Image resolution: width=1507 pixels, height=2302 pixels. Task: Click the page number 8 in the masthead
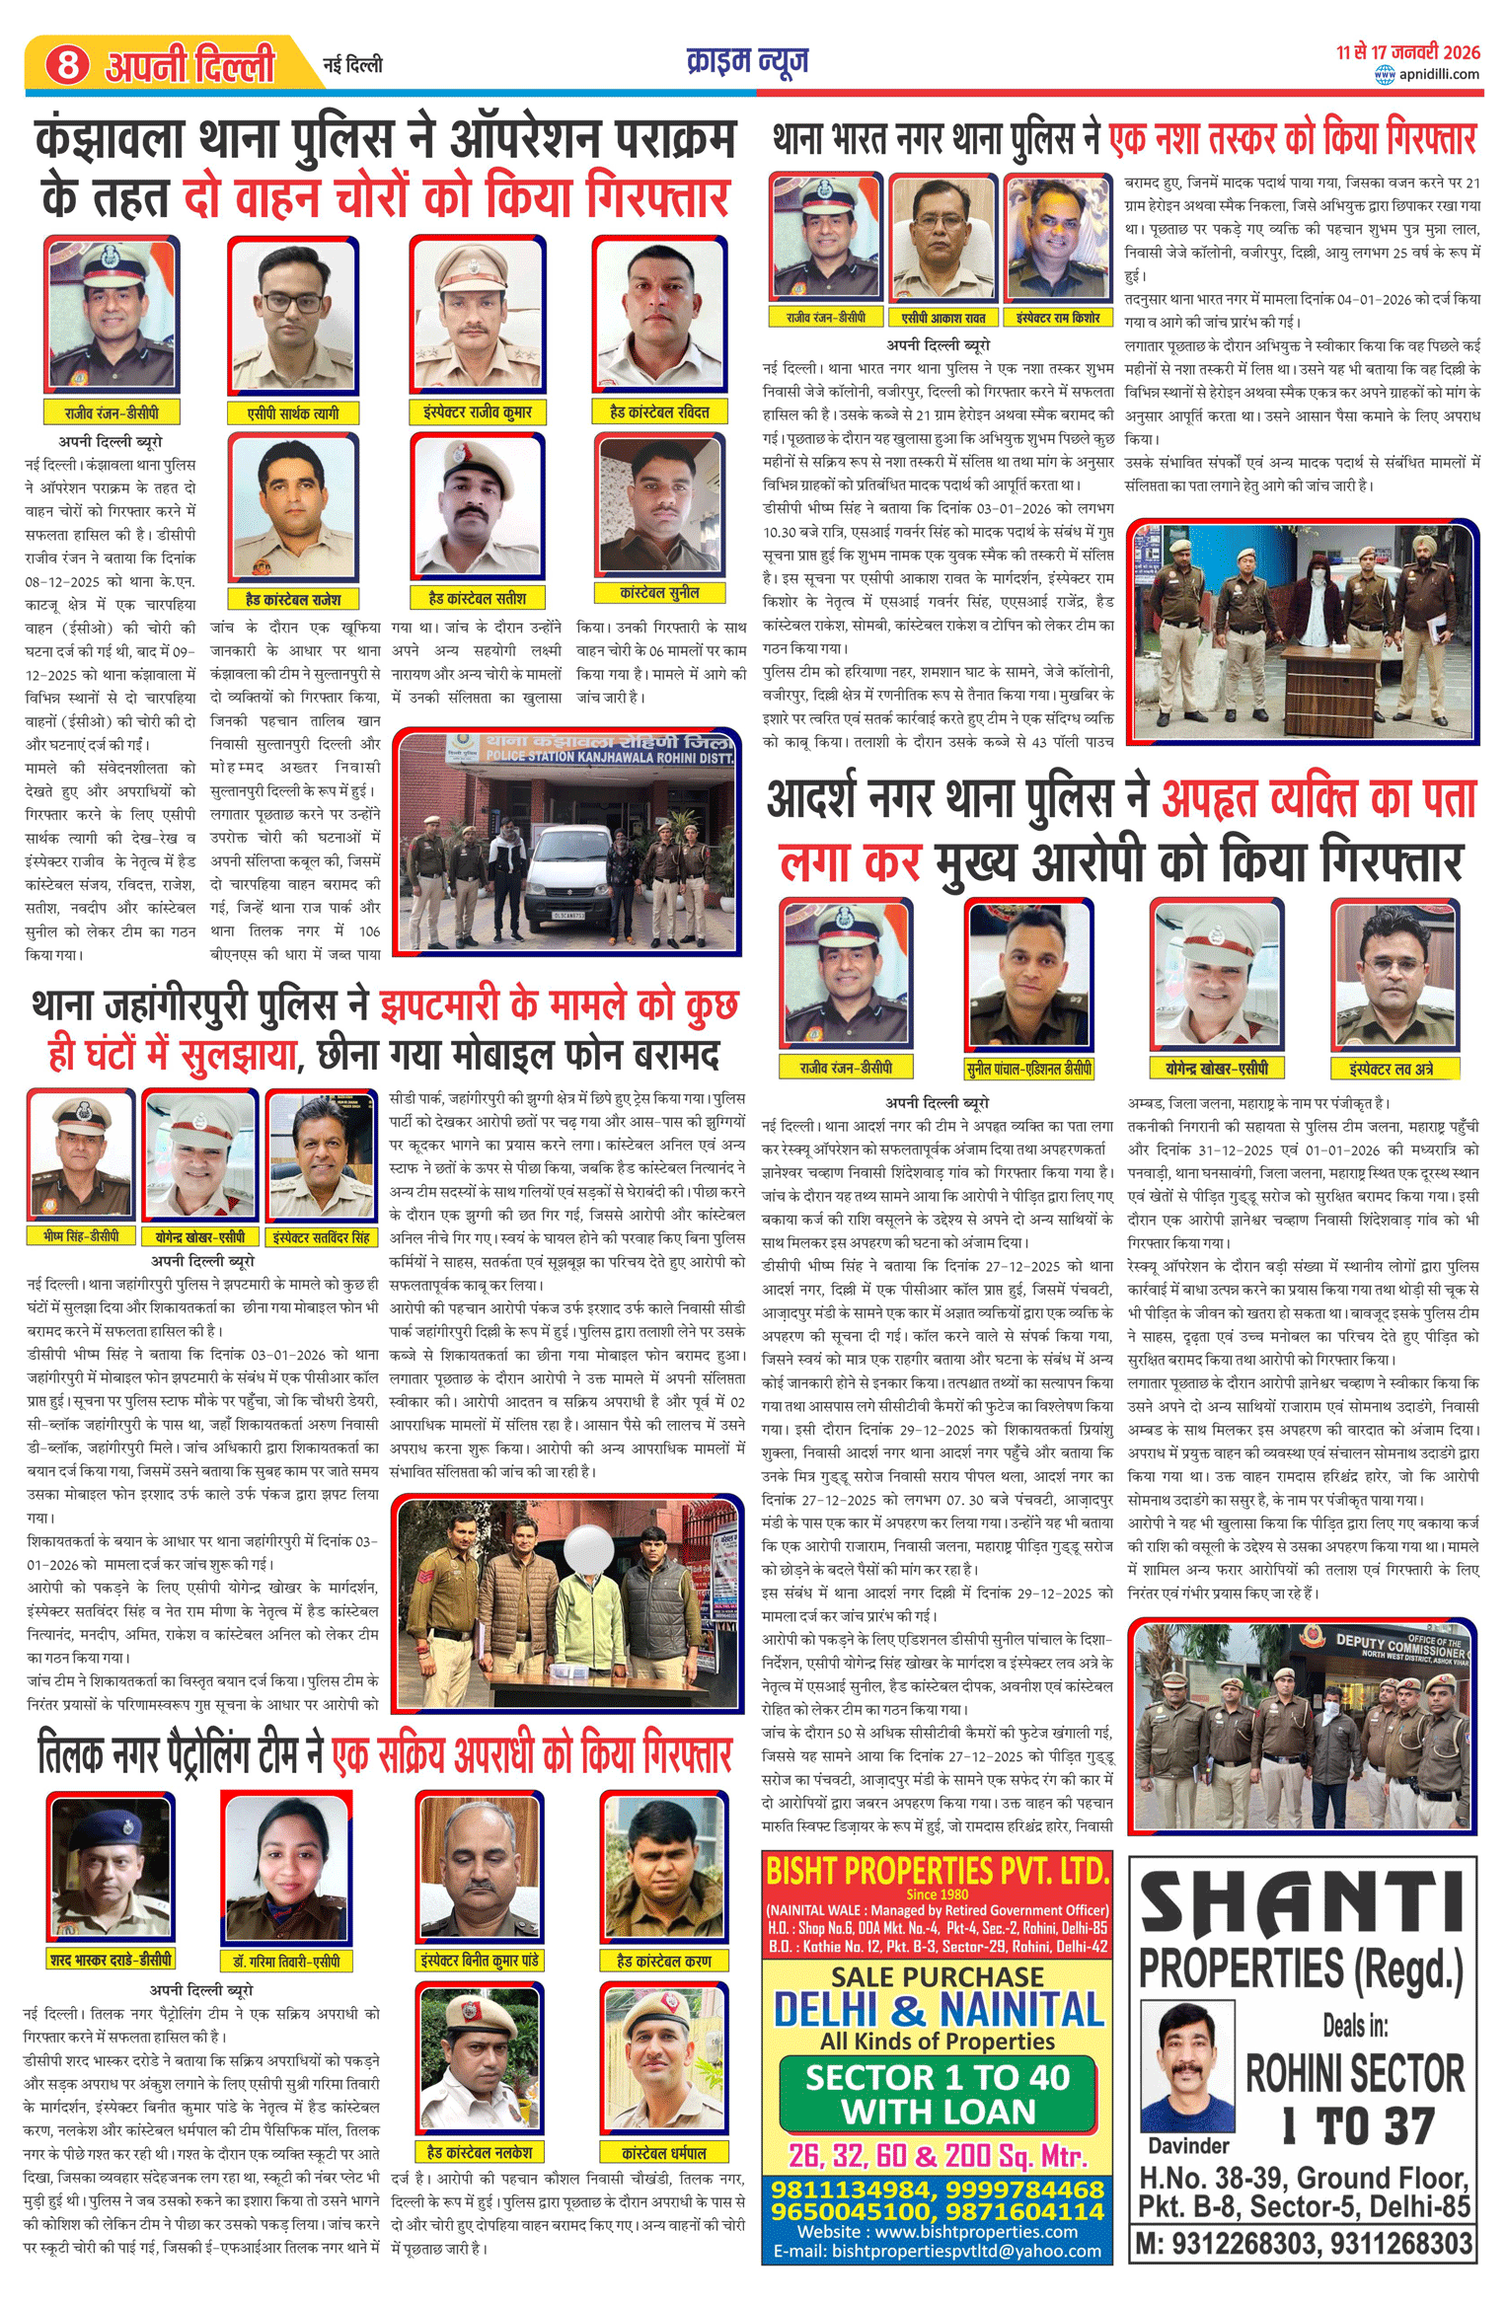pos(66,65)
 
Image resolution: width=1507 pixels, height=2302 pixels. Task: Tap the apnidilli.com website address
pos(1438,74)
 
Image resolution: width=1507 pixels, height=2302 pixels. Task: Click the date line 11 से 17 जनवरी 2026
pos(1408,52)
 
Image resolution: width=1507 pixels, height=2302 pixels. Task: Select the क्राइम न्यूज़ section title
pos(747,61)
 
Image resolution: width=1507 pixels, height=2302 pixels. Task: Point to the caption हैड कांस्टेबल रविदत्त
pos(659,411)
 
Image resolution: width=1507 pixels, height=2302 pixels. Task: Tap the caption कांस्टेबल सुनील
pos(659,593)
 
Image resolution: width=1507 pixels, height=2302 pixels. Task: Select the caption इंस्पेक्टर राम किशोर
pos(1058,318)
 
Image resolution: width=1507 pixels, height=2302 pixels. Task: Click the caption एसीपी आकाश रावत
pos(942,318)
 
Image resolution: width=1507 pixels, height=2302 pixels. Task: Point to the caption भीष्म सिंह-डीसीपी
pos(81,1236)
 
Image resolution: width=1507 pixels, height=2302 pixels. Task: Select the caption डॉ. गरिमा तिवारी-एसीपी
pos(286,1961)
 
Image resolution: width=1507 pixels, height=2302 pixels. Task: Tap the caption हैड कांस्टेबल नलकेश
pos(479,2152)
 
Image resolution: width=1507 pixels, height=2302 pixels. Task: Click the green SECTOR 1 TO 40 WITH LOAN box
pos(938,2094)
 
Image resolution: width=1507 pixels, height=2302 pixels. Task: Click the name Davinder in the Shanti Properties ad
pos(1188,2146)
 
